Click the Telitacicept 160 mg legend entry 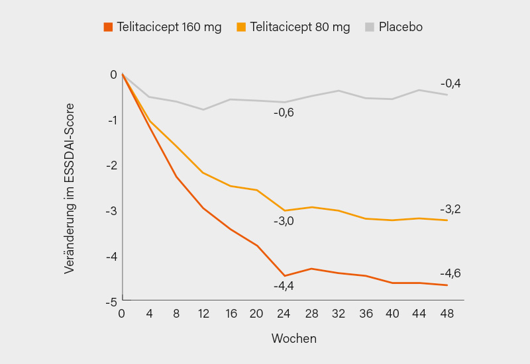[x=162, y=27]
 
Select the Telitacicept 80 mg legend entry [x=293, y=27]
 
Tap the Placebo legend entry [x=394, y=27]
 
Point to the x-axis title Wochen [x=293, y=338]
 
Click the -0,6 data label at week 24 [x=284, y=113]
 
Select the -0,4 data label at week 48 [x=450, y=83]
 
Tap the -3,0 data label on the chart [x=284, y=221]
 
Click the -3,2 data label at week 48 [x=450, y=209]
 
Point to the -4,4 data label [x=284, y=286]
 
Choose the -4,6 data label [x=450, y=273]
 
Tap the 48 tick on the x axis [x=448, y=314]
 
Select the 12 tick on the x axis [x=203, y=314]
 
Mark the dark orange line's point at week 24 [x=285, y=276]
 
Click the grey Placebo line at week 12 [x=203, y=109]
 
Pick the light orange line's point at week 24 [x=285, y=210]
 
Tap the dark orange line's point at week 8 [x=176, y=177]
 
